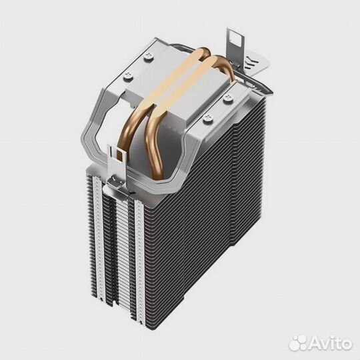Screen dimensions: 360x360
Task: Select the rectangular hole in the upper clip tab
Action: (x=233, y=40)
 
